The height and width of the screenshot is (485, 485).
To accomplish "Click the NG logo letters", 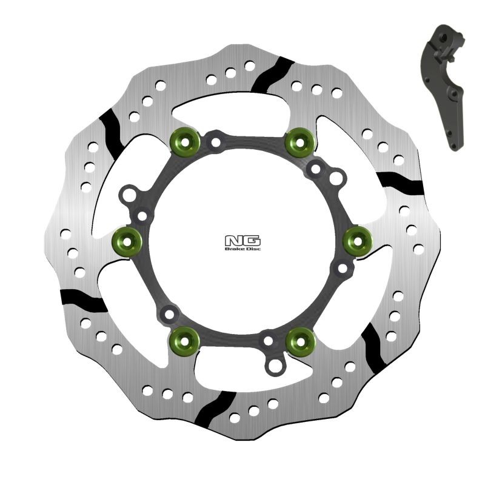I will click(x=242, y=239).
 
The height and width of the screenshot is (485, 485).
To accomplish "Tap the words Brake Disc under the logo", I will click(x=242, y=249).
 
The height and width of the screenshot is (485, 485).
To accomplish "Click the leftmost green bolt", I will click(x=127, y=242).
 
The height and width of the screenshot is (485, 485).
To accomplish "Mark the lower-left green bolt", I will click(x=185, y=341).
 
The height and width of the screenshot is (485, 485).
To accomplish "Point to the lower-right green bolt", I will click(x=300, y=341).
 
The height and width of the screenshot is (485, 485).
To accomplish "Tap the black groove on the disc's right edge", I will click(x=399, y=181).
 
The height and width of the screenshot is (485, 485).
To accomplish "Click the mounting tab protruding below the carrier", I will click(x=277, y=364).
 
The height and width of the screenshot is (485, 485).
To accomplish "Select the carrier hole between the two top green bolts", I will click(x=215, y=143).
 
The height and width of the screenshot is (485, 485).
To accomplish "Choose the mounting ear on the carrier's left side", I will click(x=129, y=196).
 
